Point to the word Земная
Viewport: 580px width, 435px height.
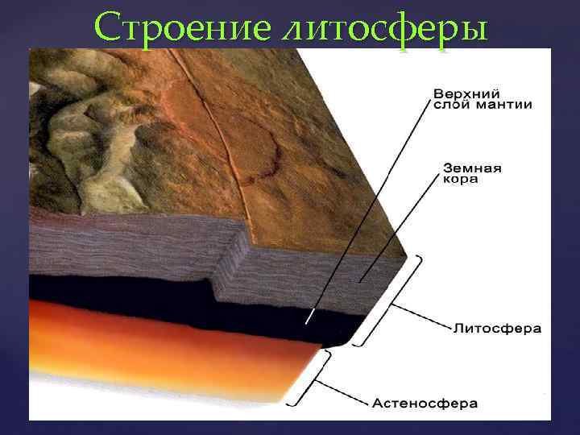[473, 168]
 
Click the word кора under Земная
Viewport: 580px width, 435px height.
[461, 180]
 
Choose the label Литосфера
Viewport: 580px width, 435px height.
[497, 329]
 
